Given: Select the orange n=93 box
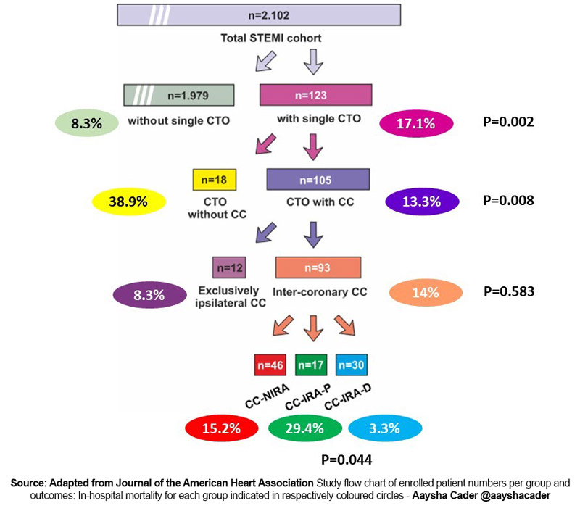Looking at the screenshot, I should click(318, 267).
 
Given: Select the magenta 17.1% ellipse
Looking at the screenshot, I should click(415, 124).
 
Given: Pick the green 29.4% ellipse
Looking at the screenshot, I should click(304, 428).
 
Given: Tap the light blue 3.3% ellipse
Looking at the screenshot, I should click(384, 428).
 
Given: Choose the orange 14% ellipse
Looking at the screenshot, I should click(426, 293).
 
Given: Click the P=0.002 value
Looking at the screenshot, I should click(508, 122).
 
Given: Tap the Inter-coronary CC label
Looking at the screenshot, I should click(320, 293).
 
